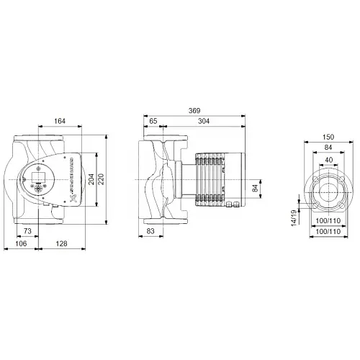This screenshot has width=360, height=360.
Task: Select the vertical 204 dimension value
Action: point(91,179)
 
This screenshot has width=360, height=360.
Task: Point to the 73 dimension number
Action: point(27,230)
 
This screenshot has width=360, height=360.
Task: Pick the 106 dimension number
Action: point(23,245)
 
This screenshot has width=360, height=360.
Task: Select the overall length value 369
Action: point(195,112)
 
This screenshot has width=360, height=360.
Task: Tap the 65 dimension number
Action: point(153,122)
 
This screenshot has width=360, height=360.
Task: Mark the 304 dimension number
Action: point(206,122)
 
